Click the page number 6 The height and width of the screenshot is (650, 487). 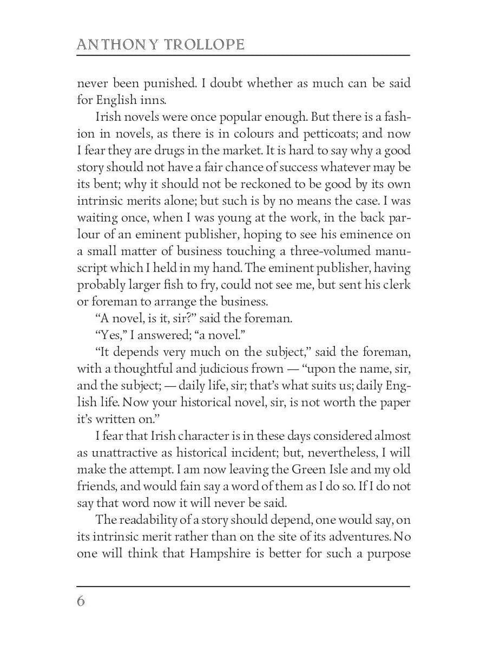click(81, 601)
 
